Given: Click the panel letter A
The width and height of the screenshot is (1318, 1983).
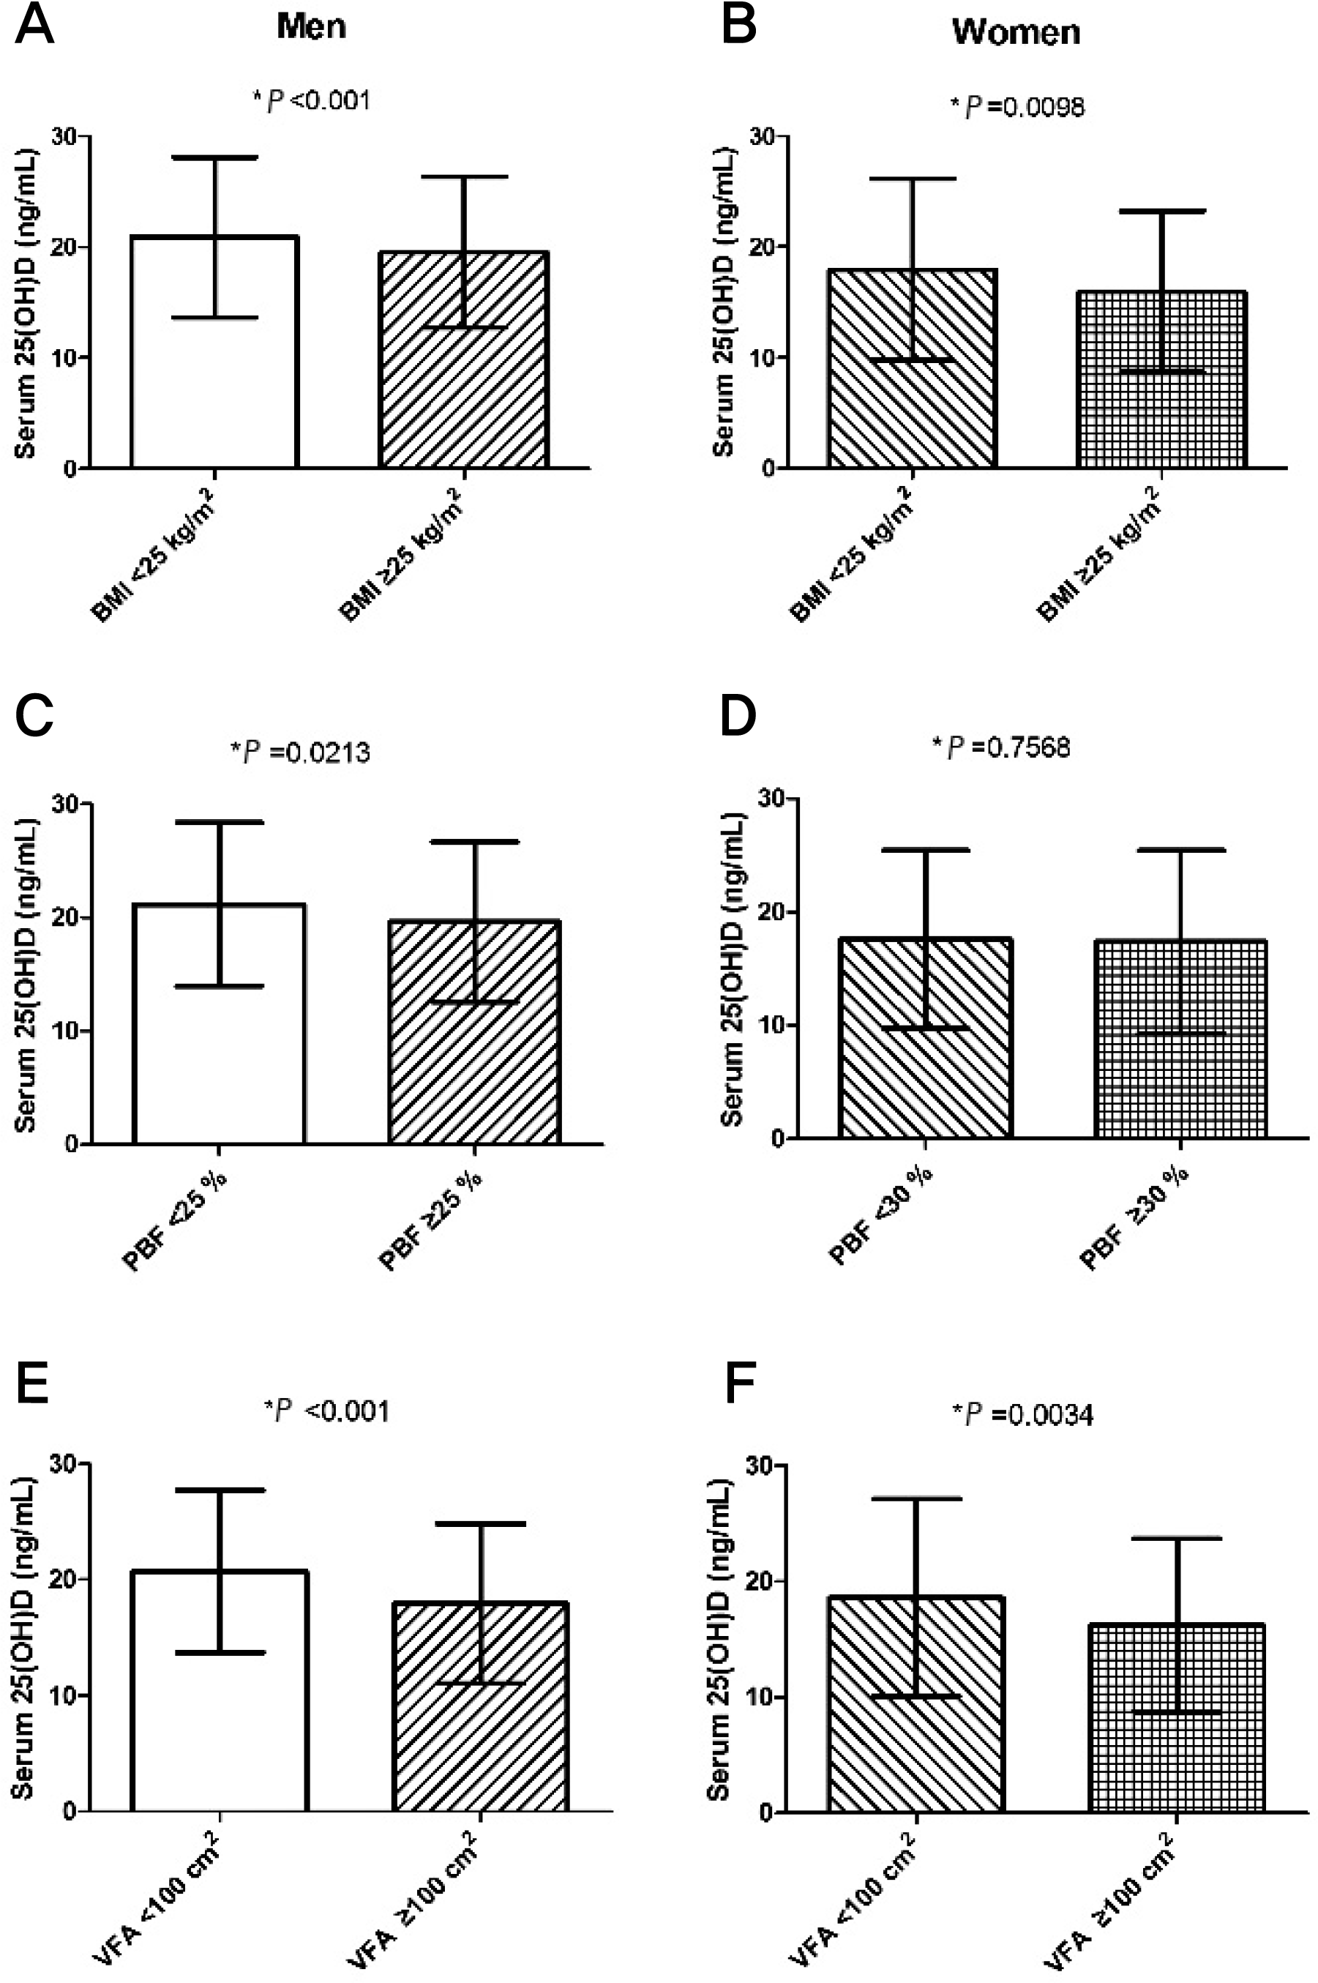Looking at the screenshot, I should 34,28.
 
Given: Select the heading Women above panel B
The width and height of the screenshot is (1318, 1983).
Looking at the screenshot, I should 1016,33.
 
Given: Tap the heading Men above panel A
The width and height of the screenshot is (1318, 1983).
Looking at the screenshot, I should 311,27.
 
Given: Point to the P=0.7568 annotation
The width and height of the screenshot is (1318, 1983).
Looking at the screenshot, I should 1001,747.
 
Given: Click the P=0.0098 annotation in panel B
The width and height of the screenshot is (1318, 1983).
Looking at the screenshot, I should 1017,107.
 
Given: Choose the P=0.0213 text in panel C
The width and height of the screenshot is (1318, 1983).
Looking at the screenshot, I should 300,752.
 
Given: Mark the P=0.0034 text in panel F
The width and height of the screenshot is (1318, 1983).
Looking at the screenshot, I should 1023,1415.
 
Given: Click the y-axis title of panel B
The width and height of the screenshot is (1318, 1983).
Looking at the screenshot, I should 723,302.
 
